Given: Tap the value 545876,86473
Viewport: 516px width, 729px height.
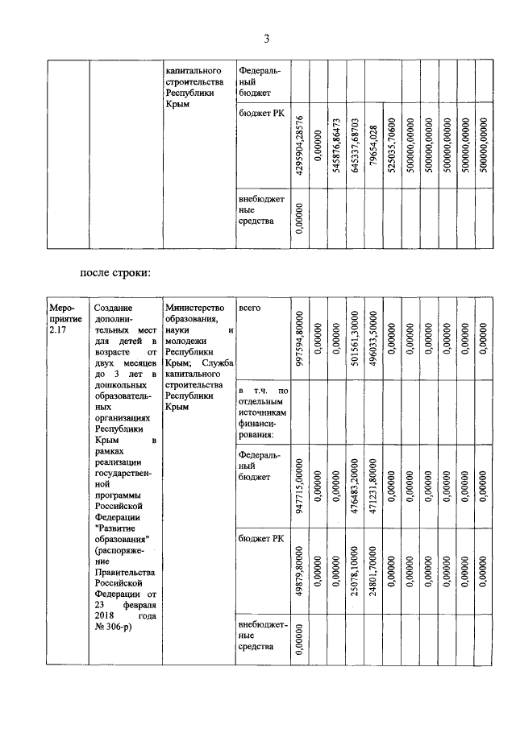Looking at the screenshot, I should (336, 148).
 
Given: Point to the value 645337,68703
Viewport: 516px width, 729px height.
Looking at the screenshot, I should (355, 148).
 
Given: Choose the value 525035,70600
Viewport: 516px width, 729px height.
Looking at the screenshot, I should (392, 148).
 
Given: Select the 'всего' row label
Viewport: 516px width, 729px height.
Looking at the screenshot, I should (250, 309).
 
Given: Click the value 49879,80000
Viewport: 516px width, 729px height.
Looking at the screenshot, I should (299, 574).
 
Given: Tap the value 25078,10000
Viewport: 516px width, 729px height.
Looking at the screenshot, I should (355, 574).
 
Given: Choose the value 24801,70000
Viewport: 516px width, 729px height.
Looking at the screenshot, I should (373, 574).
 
